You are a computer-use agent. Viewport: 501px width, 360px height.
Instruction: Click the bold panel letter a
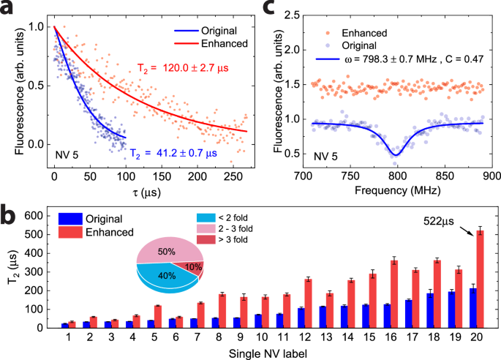9,10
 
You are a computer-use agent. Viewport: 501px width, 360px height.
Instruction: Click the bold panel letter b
9,217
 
